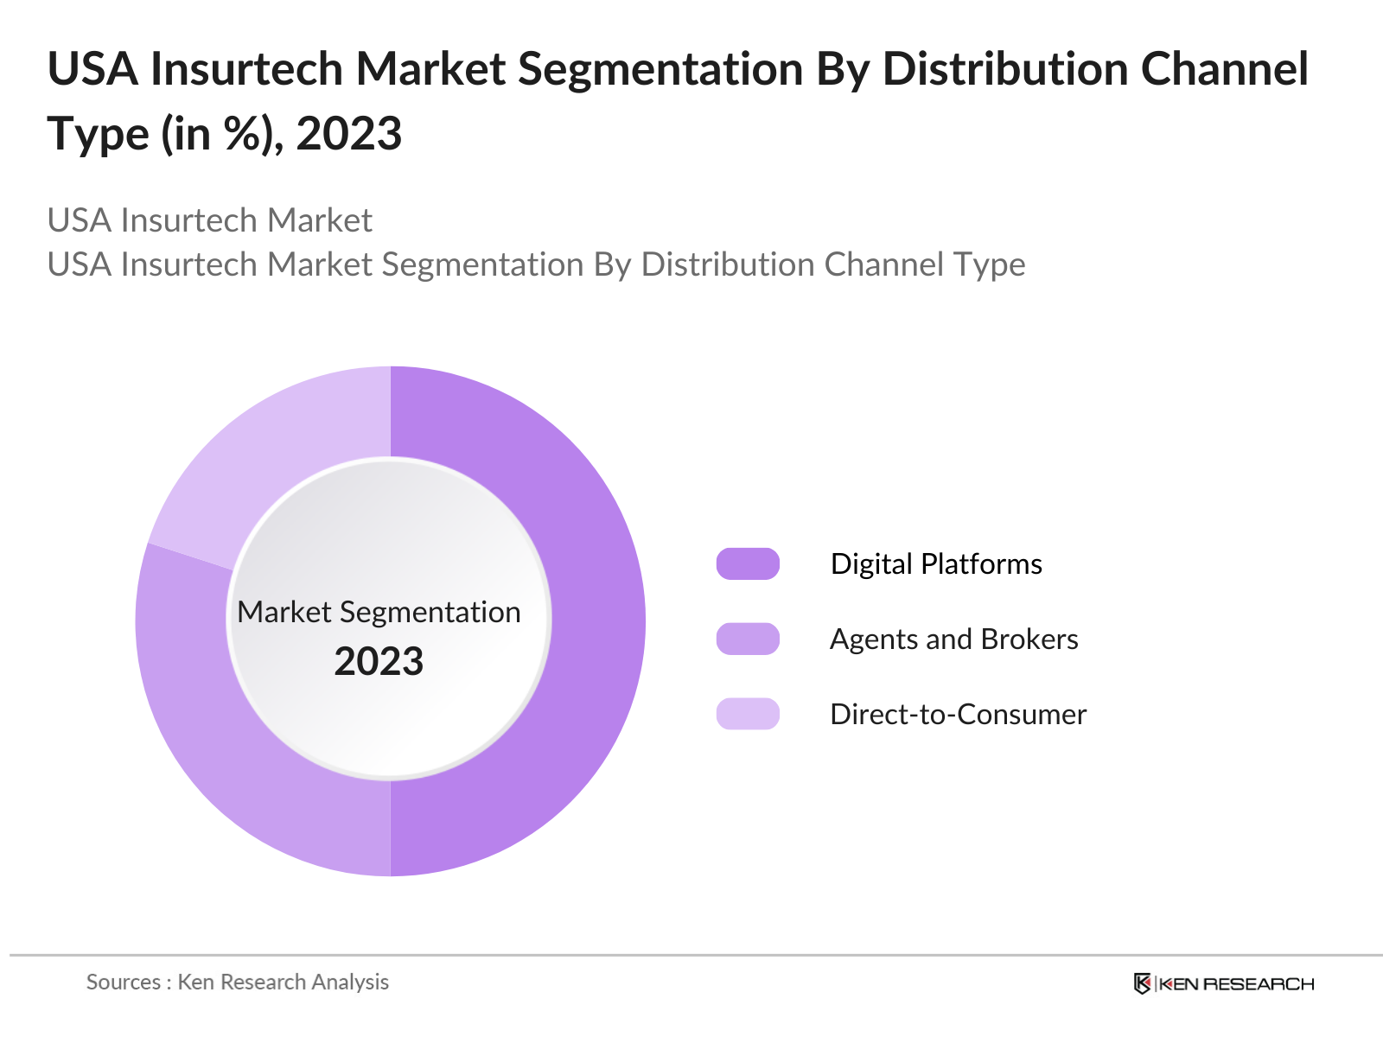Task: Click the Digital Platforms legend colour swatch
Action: coord(748,563)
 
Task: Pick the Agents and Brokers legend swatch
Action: coord(748,639)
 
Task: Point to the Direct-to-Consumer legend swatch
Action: coord(748,714)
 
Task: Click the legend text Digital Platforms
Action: coord(936,563)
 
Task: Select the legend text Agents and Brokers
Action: coord(953,639)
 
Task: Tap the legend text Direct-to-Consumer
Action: coord(958,714)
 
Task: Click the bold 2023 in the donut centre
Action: coord(379,662)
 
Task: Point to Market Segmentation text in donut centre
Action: coord(379,612)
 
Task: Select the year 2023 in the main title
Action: coord(349,134)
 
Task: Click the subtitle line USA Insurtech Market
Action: coord(209,220)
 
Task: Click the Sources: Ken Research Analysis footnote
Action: coord(238,982)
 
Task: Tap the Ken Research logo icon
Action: coord(1142,983)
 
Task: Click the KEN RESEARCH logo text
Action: coord(1236,983)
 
